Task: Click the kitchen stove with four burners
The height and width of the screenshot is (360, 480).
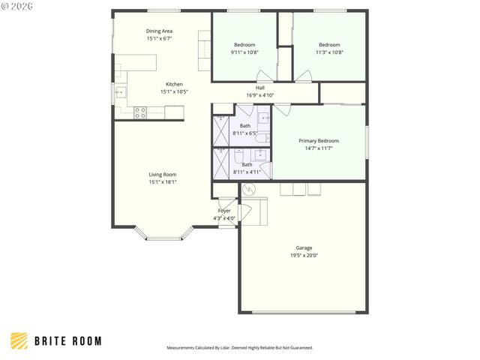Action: [139, 112]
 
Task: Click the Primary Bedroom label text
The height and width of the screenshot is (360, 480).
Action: [319, 141]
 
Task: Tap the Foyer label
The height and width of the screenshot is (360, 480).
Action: [224, 211]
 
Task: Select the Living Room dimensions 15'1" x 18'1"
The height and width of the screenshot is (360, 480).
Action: [163, 181]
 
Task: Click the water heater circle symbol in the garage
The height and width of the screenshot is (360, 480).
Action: [247, 190]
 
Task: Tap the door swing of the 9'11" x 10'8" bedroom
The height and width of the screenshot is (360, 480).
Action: [265, 76]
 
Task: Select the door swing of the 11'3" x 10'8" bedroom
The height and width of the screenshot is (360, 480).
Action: [303, 76]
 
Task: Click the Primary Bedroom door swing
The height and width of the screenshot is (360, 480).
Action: [280, 110]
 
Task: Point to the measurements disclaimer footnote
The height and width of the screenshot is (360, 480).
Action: [239, 348]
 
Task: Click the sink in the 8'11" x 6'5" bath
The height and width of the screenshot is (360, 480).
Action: [265, 118]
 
